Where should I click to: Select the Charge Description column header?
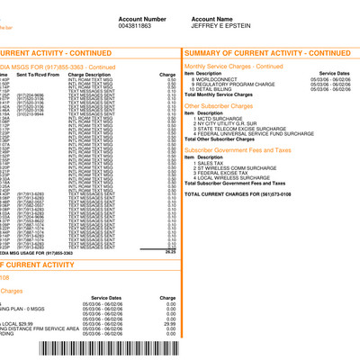tap(121, 74)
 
